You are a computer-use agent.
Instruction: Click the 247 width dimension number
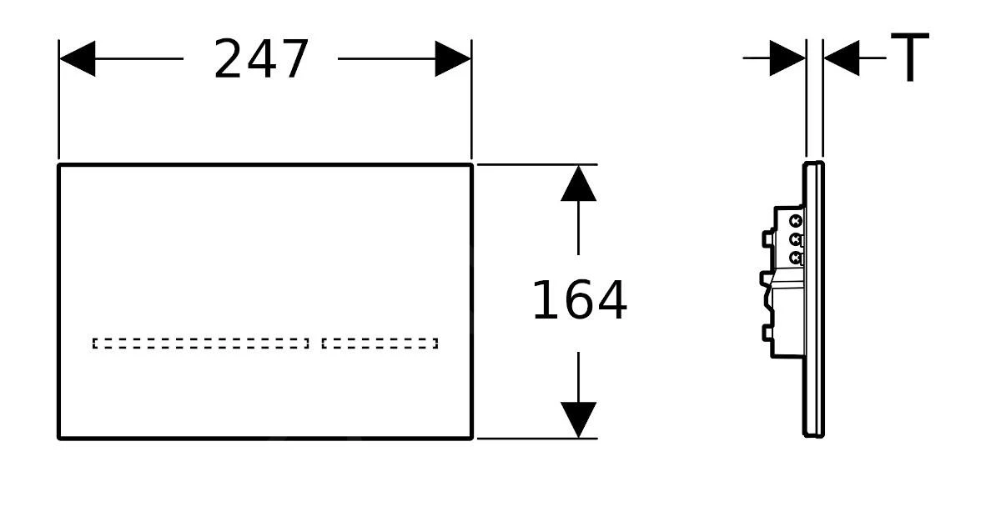point(261,60)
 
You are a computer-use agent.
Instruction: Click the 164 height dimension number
point(579,301)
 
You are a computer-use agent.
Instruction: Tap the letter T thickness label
point(909,58)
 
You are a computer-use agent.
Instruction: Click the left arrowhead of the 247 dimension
point(78,58)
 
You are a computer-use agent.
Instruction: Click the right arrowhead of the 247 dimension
point(452,58)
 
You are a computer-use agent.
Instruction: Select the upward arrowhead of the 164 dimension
point(578,184)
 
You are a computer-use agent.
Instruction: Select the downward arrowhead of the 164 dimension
point(578,419)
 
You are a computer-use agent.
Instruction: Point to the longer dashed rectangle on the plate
point(200,343)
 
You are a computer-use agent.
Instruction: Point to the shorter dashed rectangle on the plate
point(380,343)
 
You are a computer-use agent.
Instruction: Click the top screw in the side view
point(796,222)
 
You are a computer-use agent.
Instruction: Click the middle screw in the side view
point(796,240)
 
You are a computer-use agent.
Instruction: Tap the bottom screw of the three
point(796,258)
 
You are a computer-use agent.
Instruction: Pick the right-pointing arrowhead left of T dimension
point(787,58)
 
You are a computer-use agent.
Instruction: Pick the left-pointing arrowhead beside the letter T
point(842,58)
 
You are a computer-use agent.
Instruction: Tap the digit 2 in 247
point(229,60)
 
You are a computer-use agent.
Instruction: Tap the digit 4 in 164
point(611,301)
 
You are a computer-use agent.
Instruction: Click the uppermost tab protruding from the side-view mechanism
point(767,238)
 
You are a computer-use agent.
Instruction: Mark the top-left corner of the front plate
point(59,165)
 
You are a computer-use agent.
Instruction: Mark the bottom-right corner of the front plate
point(471,437)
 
